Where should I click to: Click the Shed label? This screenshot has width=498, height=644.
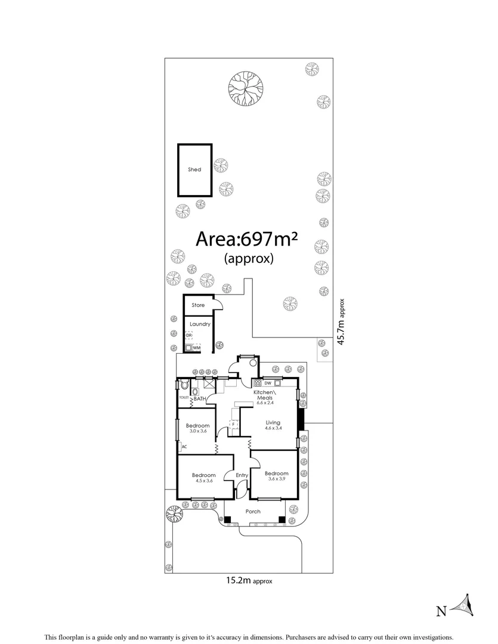pyautogui.click(x=194, y=169)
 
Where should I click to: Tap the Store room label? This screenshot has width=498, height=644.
pyautogui.click(x=198, y=305)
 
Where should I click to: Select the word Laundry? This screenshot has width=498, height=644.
pyautogui.click(x=200, y=324)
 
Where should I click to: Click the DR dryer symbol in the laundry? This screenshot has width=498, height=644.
pyautogui.click(x=188, y=336)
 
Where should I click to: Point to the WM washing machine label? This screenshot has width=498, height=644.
pyautogui.click(x=197, y=347)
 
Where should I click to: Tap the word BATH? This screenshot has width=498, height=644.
pyautogui.click(x=199, y=398)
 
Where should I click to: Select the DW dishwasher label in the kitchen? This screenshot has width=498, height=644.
pyautogui.click(x=268, y=383)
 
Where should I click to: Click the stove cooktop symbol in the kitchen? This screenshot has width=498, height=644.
pyautogui.click(x=258, y=383)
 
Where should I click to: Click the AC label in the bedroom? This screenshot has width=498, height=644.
pyautogui.click(x=184, y=447)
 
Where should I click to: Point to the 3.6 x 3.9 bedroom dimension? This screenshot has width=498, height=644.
pyautogui.click(x=277, y=479)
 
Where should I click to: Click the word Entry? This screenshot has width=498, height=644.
pyautogui.click(x=242, y=475)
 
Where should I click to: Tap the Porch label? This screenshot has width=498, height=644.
pyautogui.click(x=253, y=512)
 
